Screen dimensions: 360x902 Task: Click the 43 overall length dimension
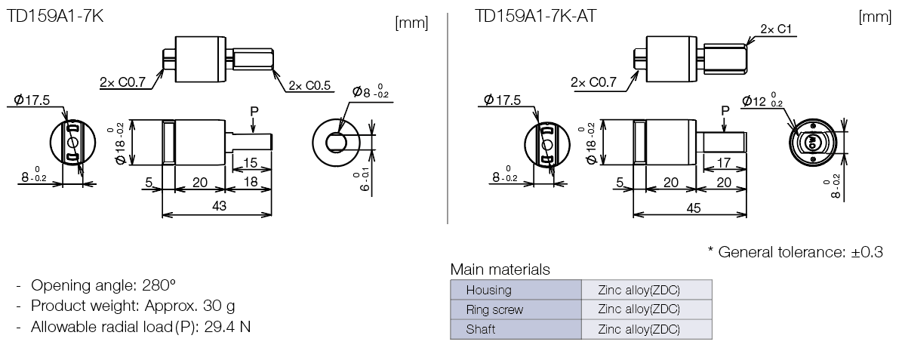[219, 206]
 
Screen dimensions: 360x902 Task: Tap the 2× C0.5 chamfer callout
[309, 85]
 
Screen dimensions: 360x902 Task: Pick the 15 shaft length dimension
[251, 162]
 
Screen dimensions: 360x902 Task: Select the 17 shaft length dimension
[722, 162]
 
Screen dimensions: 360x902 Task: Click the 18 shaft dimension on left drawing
[250, 183]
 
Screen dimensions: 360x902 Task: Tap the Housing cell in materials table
[488, 290]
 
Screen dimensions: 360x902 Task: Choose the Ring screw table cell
[494, 309]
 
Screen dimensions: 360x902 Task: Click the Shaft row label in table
[481, 329]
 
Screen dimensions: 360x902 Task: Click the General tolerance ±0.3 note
[795, 252]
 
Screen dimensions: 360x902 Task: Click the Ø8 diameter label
[372, 93]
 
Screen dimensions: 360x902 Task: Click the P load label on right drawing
[725, 110]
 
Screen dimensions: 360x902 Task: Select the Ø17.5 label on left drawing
[32, 100]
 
